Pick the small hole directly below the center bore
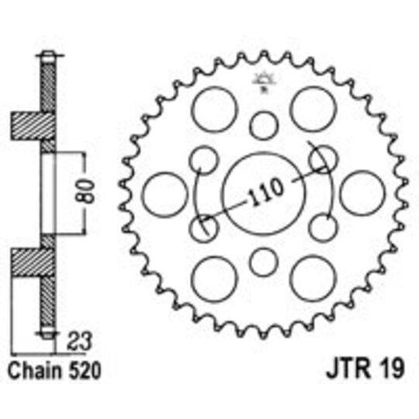tap(265, 259)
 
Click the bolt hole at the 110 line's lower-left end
tap(204, 227)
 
